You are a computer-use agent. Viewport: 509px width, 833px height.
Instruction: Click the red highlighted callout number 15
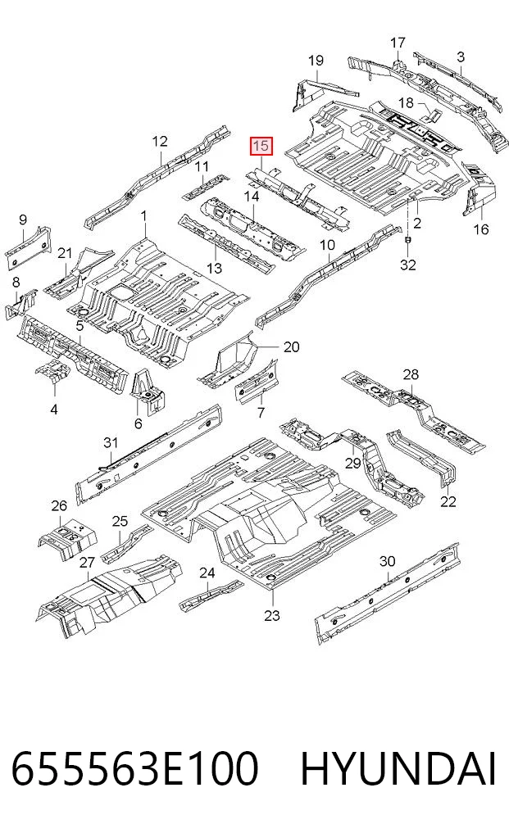coord(261,146)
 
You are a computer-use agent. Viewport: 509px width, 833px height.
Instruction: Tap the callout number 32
coord(407,264)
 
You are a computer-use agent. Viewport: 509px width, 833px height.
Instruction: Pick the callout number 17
coord(398,43)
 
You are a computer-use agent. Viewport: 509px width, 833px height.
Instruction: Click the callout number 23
coord(272,616)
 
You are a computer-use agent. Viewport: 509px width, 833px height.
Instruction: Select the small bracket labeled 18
coord(432,116)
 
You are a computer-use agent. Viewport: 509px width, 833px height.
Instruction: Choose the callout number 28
coord(411,374)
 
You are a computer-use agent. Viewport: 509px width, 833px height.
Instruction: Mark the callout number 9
coord(22,220)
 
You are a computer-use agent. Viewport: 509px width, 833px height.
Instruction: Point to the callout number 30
coord(387,561)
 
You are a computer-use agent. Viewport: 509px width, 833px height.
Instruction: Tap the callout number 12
coord(160,142)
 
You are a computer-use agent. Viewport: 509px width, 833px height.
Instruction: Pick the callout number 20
coord(291,347)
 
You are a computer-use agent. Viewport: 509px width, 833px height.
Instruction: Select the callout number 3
coord(460,57)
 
